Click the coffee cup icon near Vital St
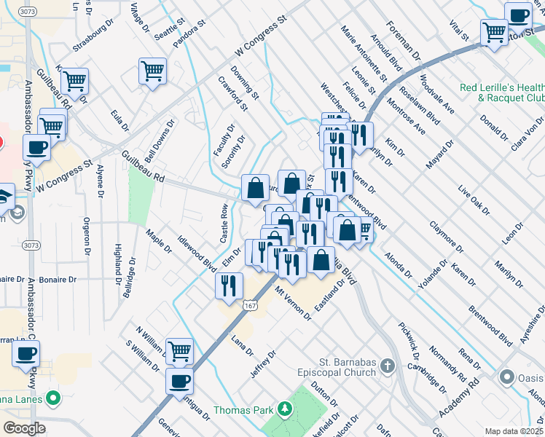pos(518,15)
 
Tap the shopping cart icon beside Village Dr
pos(153,71)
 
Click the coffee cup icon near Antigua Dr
pos(179,380)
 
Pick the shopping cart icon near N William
pos(179,351)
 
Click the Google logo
pos(24,428)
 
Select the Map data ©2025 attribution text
pos(514,431)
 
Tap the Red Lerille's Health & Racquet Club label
pos(502,92)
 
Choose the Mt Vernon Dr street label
pos(293,303)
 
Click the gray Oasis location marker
pos(507,377)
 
